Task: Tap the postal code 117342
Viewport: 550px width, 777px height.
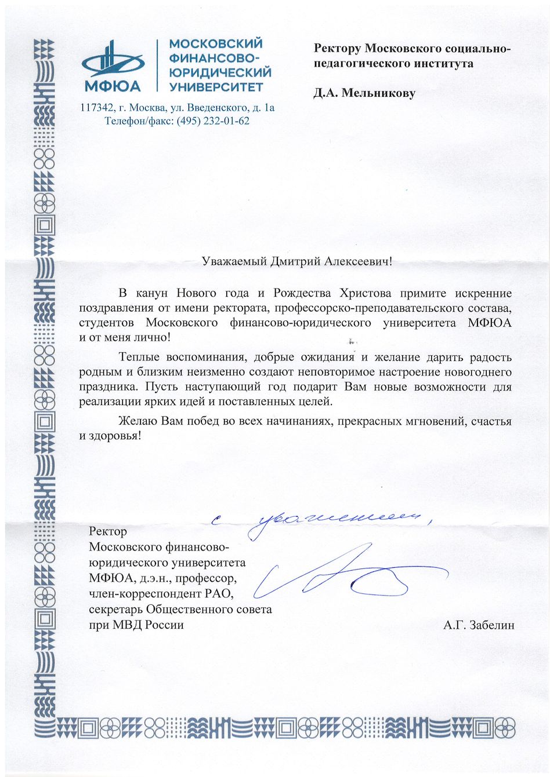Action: [96, 107]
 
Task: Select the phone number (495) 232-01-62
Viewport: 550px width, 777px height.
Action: [214, 121]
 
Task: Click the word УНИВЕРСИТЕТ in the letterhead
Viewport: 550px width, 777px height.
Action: [216, 87]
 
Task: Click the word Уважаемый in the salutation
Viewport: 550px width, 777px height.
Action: [234, 261]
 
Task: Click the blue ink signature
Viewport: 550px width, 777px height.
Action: [348, 574]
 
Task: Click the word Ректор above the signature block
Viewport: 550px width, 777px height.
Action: [108, 531]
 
